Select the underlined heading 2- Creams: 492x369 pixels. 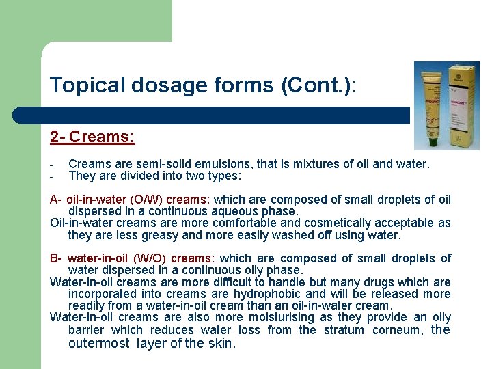coord(92,137)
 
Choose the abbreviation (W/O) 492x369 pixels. coord(149,258)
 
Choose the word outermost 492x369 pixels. coord(99,343)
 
